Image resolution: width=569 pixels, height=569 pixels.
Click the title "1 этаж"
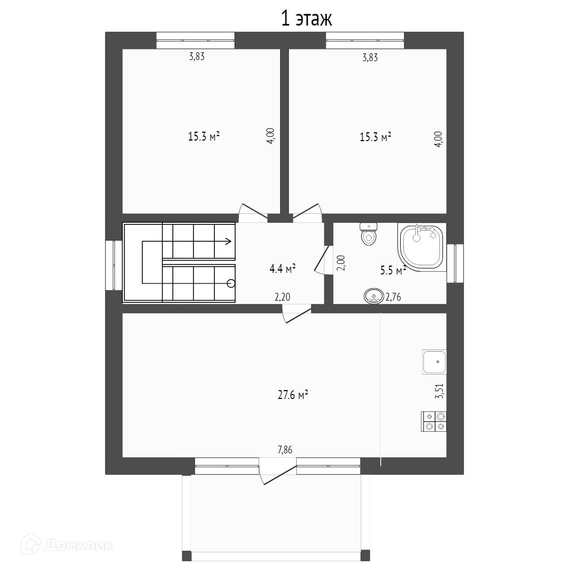pos(307,19)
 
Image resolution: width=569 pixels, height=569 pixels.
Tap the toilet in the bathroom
pos(369,234)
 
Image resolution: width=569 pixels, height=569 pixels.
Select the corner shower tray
pos(422,247)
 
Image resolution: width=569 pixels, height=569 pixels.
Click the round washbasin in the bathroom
pos(373,297)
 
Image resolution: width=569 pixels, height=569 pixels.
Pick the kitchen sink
pos(435,362)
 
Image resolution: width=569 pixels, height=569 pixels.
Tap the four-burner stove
pos(433,421)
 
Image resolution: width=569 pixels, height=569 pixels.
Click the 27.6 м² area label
pos(293,395)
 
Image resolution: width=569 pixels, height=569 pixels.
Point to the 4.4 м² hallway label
pos(282,268)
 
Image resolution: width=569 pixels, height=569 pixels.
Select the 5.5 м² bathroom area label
pos(393,270)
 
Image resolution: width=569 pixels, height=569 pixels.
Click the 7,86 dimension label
pos(285,450)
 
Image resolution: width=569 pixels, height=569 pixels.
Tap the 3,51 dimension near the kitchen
pos(440,391)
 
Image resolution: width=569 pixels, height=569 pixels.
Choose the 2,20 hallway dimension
pos(282,297)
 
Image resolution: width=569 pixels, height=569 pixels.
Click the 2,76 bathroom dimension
pos(393,297)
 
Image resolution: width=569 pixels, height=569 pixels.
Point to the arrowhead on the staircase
pos(228,241)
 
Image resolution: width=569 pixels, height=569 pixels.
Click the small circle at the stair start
pos(231,283)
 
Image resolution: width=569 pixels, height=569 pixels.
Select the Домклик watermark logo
pos(67,545)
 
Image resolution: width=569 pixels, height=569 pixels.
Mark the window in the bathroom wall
pos(455,263)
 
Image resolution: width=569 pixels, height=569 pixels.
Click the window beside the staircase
pos(113,265)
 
